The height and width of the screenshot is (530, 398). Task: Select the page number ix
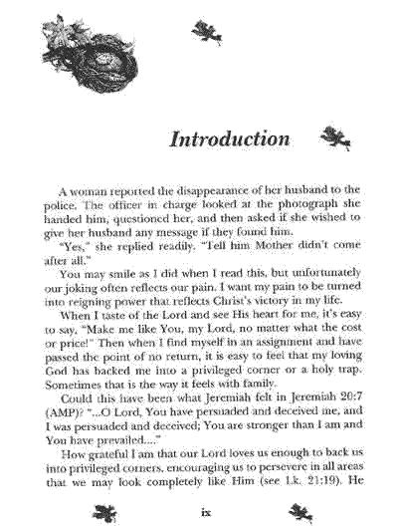205,514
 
